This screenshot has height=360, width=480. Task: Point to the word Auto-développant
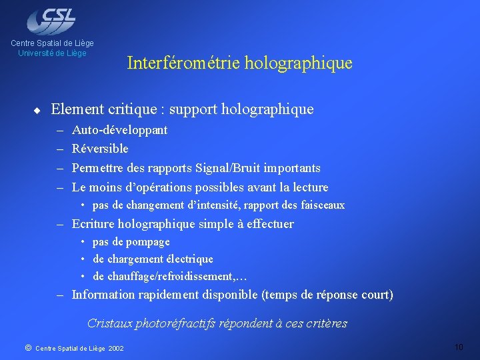tap(119, 130)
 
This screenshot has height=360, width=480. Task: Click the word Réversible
tap(100, 149)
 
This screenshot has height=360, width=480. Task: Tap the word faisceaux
tap(322, 205)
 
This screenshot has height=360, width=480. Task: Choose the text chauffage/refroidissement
tap(164, 276)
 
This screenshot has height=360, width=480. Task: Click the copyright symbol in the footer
tap(27, 347)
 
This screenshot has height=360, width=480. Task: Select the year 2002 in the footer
tap(115, 348)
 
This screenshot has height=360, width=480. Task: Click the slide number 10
tap(458, 347)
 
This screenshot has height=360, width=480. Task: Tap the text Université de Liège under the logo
tap(52, 53)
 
